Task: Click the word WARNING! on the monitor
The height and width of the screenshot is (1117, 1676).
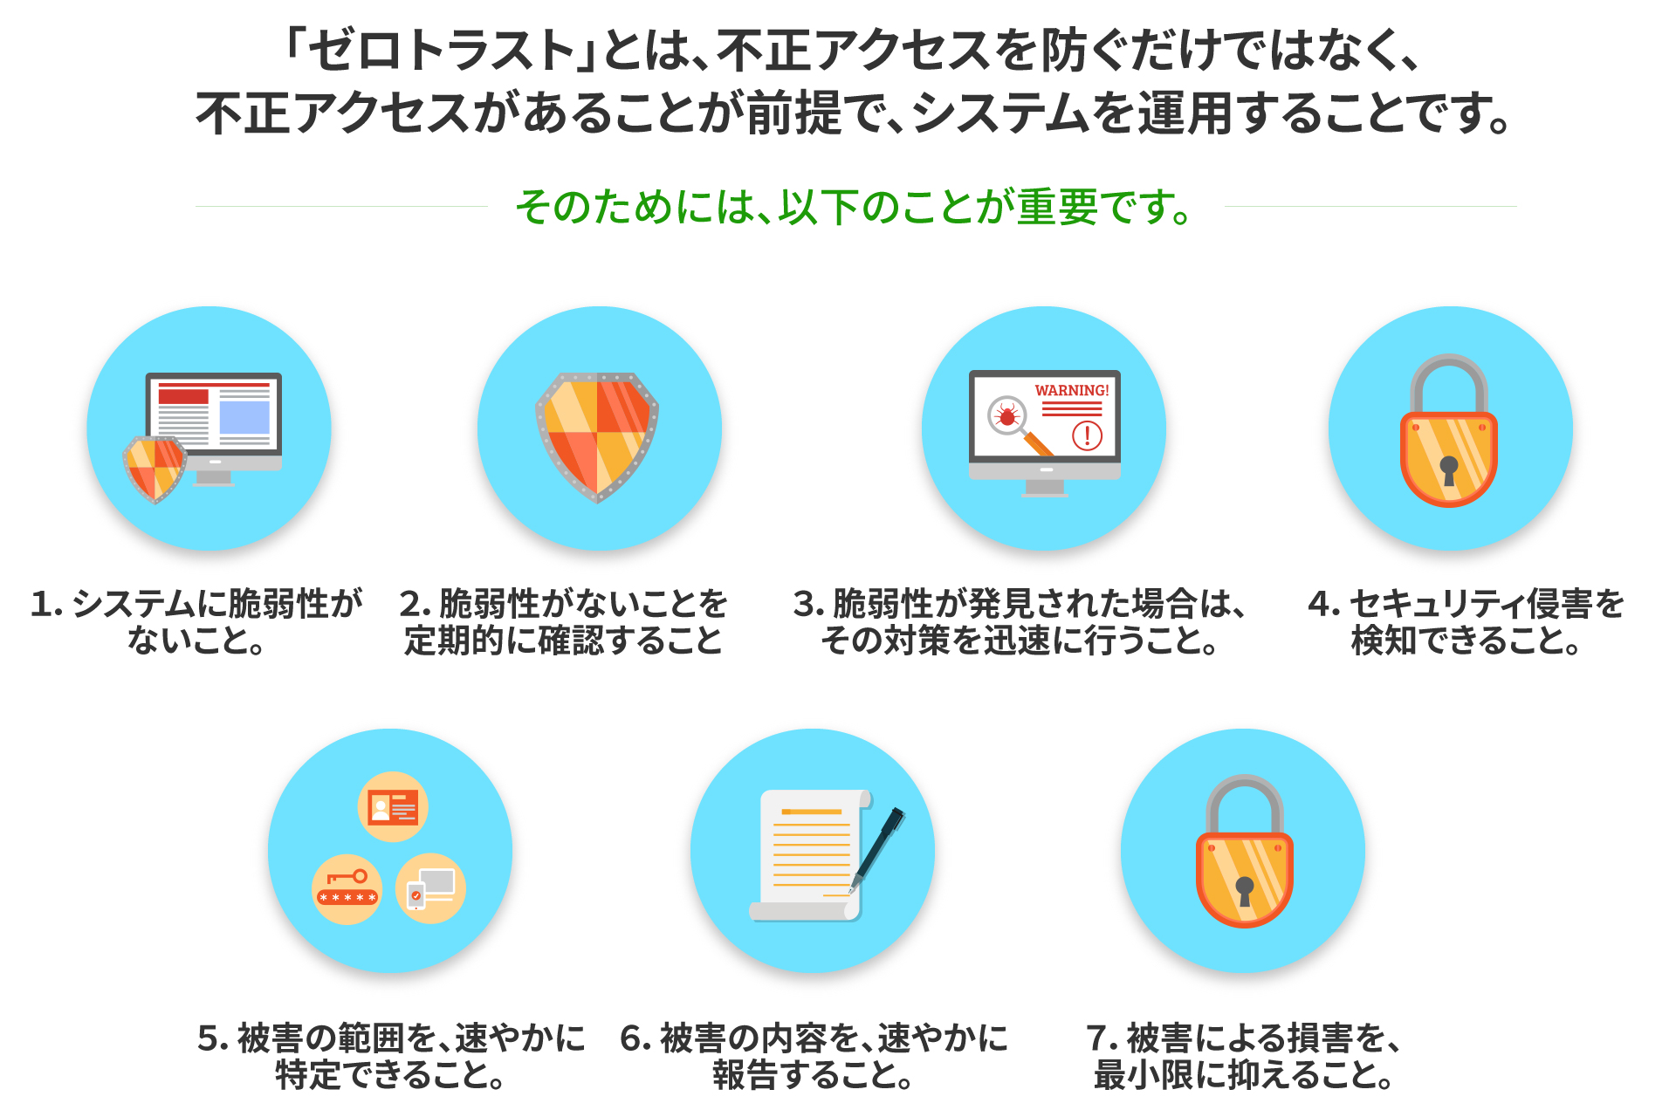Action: [1072, 390]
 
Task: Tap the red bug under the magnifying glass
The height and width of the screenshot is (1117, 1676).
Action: [1007, 415]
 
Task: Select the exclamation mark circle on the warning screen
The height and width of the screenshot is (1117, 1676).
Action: [1087, 435]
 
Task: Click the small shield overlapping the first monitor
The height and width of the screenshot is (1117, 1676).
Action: [155, 469]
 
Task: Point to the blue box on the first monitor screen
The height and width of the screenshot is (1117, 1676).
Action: [244, 417]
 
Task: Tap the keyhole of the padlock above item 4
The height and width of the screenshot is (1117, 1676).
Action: [1449, 469]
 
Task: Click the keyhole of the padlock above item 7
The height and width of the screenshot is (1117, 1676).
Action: [1245, 891]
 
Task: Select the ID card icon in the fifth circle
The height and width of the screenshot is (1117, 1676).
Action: [393, 806]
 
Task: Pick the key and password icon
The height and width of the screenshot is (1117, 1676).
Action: [347, 889]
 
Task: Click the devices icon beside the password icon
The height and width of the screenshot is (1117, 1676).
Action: [430, 888]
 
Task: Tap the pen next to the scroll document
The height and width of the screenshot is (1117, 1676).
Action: [877, 850]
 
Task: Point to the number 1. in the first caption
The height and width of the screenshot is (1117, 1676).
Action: [46, 604]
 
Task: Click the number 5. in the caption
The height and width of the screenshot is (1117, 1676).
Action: [213, 1038]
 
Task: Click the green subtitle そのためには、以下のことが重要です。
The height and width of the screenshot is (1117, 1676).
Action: [854, 207]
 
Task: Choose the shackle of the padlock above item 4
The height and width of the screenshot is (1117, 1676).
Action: [1449, 385]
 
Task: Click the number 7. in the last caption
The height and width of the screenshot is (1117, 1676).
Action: [1102, 1038]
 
